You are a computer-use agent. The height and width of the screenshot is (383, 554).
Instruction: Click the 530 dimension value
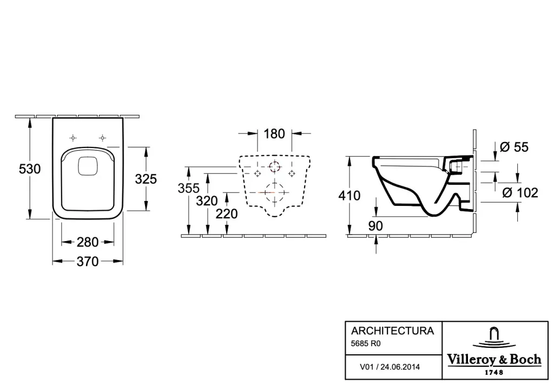[x=30, y=169]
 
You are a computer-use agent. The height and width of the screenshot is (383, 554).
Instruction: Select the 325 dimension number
[x=146, y=179]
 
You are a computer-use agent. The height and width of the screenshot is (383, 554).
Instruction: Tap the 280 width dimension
[x=88, y=242]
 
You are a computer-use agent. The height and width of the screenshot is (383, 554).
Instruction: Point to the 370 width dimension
[x=88, y=262]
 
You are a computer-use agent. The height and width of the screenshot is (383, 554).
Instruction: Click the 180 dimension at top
[x=274, y=134]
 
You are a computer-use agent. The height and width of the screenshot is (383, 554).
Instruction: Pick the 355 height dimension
[x=188, y=188]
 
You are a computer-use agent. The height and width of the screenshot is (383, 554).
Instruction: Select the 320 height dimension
[x=207, y=201]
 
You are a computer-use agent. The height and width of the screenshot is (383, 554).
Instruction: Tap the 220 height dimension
[x=227, y=213]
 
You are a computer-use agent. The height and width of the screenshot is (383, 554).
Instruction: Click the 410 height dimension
[x=349, y=196]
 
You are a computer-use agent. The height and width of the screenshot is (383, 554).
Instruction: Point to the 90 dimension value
[x=375, y=226]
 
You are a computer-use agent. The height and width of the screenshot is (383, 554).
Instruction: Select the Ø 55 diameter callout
[x=514, y=147]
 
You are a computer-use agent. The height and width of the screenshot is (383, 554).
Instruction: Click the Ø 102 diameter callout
[x=520, y=193]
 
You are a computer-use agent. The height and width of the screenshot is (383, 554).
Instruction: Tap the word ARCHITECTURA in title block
[x=392, y=330]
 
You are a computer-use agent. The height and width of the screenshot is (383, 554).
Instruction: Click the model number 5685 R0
[x=366, y=343]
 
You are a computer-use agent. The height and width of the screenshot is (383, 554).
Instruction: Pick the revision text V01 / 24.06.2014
[x=390, y=367]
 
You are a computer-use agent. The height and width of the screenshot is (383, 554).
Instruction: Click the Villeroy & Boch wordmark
[x=494, y=360]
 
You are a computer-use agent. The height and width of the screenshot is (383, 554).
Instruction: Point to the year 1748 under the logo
[x=494, y=372]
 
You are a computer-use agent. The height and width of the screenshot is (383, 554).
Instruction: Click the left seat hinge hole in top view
[x=73, y=138]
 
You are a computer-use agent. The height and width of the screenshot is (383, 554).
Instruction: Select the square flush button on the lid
[x=88, y=165]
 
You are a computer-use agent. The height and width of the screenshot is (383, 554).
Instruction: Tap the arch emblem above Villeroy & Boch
[x=493, y=336]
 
